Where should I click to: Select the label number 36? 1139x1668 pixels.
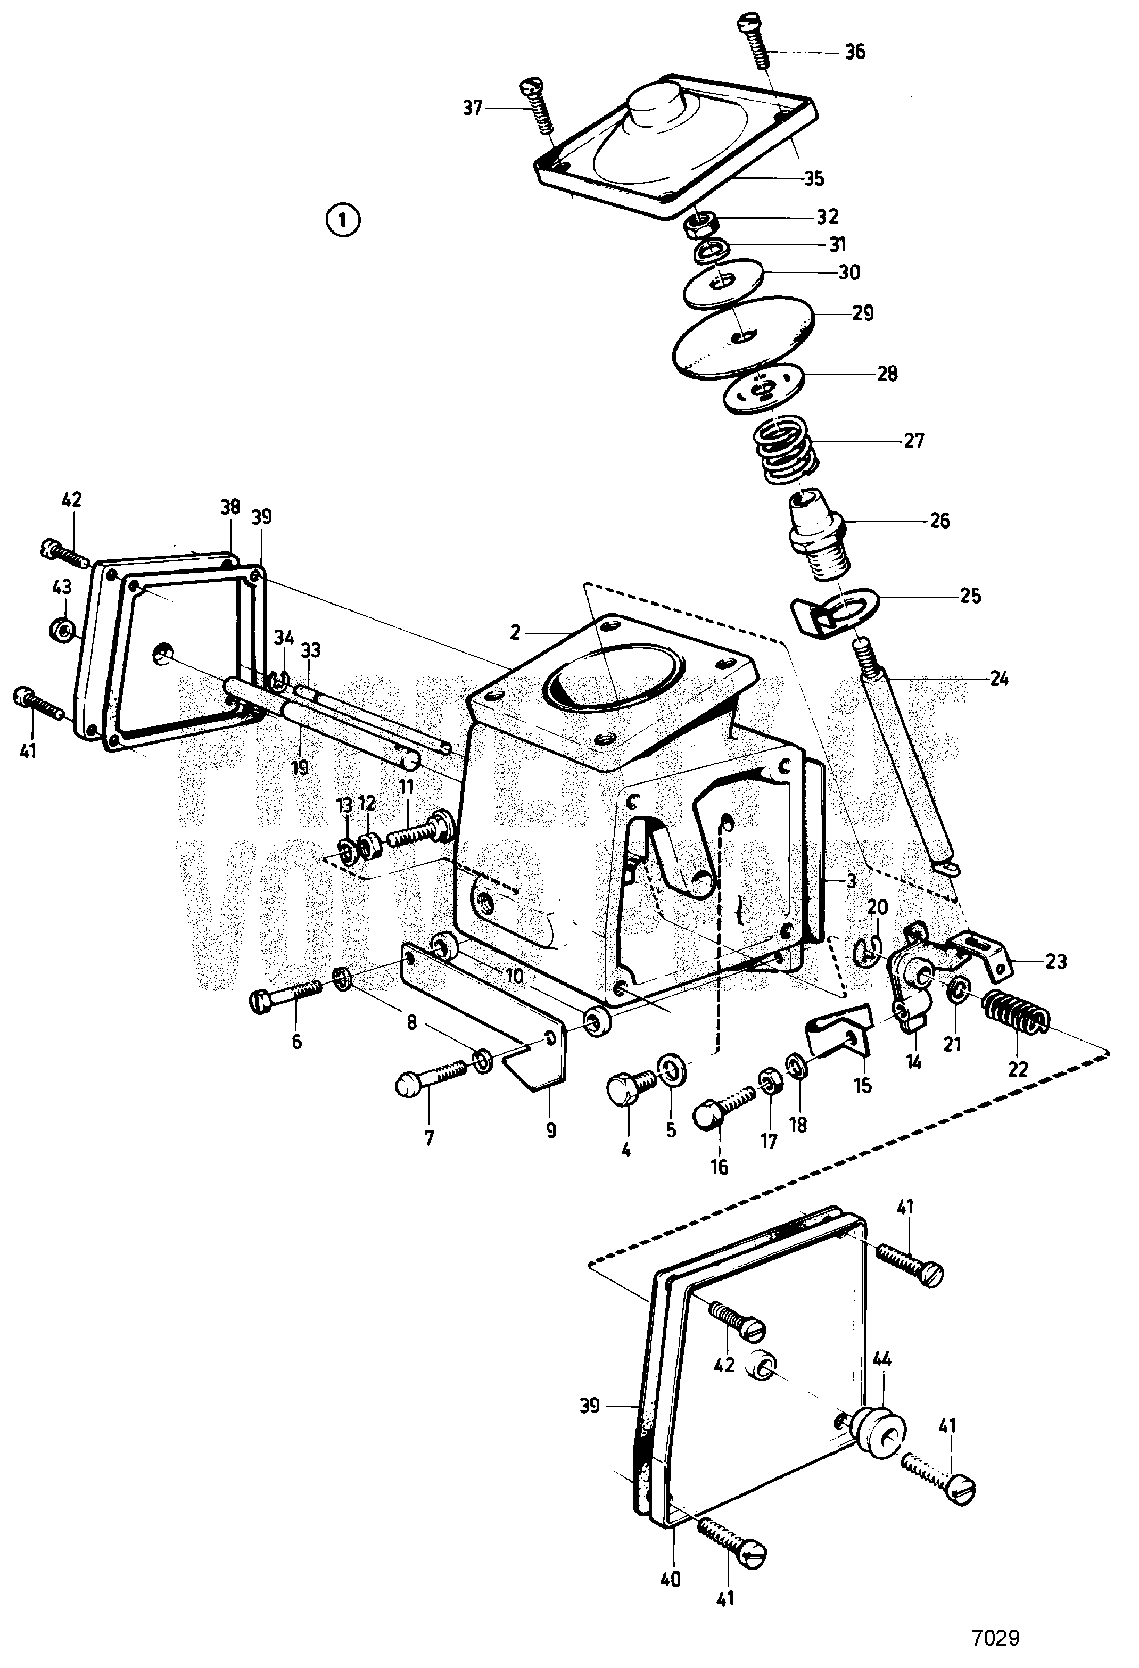pos(854,52)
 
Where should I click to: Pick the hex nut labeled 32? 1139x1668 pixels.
pos(696,226)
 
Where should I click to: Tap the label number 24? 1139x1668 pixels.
pos(998,678)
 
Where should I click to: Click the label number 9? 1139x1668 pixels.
pos(550,1132)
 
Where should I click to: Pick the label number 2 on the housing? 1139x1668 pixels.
pos(515,632)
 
